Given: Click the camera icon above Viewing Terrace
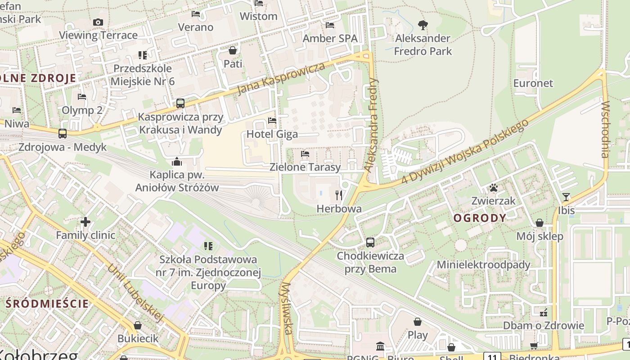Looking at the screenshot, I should pyautogui.click(x=98, y=22).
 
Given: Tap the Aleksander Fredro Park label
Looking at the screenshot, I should pyautogui.click(x=423, y=45).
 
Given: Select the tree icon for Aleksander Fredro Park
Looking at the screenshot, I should pyautogui.click(x=423, y=25).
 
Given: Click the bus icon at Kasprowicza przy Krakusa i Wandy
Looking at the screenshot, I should pyautogui.click(x=180, y=103).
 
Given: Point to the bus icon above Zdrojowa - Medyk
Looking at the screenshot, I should pyautogui.click(x=63, y=134).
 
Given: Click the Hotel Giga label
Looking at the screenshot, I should pyautogui.click(x=272, y=134).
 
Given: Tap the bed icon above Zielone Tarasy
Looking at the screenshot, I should pyautogui.click(x=305, y=154).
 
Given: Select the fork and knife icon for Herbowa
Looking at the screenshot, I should pyautogui.click(x=339, y=195).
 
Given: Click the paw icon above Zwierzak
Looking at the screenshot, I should pyautogui.click(x=494, y=188).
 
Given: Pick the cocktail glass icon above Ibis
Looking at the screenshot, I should pyautogui.click(x=566, y=197).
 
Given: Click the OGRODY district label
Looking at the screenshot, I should pyautogui.click(x=480, y=218).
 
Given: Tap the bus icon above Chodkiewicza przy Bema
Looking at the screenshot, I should pyautogui.click(x=370, y=243).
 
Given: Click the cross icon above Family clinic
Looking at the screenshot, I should pyautogui.click(x=85, y=222).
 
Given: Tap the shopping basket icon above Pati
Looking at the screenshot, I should pyautogui.click(x=233, y=50).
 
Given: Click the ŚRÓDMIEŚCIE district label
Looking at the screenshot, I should pyautogui.click(x=47, y=303).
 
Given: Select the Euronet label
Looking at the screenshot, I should pyautogui.click(x=533, y=83).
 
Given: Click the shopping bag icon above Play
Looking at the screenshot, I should pyautogui.click(x=418, y=322).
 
